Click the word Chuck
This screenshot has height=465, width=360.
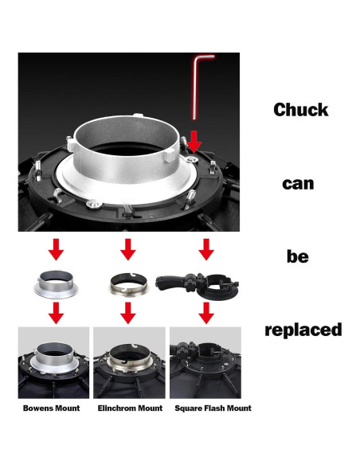coord(301,110)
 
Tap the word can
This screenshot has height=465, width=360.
coord(298,184)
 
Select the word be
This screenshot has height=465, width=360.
coord(297,256)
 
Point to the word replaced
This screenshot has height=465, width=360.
coord(303,330)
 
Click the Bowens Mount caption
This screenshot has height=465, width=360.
coord(51,408)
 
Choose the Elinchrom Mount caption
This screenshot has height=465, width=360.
coord(130,408)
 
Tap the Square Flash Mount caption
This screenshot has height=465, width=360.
coord(213,408)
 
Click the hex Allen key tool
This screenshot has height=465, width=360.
coord(195,86)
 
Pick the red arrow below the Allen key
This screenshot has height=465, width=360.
coord(194,142)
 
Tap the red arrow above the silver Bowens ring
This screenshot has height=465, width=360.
coord(56,249)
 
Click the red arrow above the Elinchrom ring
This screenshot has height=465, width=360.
coord(128,249)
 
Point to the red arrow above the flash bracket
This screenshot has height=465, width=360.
coord(206,249)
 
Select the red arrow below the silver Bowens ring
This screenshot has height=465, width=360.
coord(56,313)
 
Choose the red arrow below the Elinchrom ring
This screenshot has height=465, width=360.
coord(128,313)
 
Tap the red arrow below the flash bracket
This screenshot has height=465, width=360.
coord(206,313)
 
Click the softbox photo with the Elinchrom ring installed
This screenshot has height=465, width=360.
coord(129,363)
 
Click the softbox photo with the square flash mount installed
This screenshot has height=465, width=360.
coord(205,363)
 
